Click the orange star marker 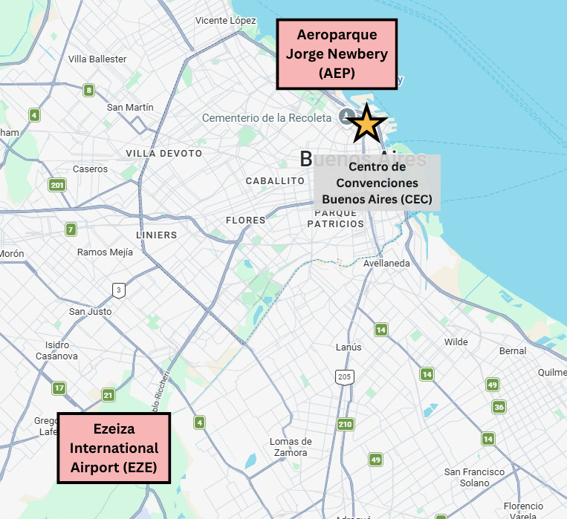367,123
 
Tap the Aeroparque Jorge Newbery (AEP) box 337,54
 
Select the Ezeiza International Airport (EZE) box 114,448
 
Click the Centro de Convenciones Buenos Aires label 377,183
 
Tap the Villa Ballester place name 97,59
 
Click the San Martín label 130,107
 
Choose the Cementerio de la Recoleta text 266,118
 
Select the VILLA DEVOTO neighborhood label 163,153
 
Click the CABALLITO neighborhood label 275,180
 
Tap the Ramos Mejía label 105,252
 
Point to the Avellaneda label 386,263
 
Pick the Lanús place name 349,347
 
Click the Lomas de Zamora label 291,447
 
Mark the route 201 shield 57,185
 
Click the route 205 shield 344,378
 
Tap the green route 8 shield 89,91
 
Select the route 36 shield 499,406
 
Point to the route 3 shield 117,289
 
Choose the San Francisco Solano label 474,477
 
